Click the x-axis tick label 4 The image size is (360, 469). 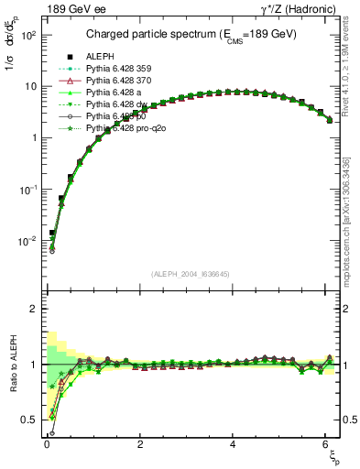click(234, 443)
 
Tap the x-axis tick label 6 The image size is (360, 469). click(327, 443)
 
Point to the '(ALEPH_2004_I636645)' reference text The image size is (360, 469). click(191, 273)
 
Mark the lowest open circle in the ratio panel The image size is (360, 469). click(52, 433)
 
